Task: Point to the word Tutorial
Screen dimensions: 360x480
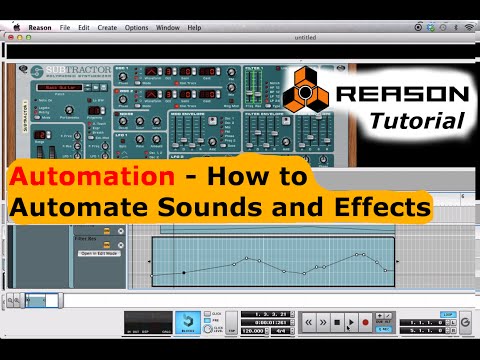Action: pos(423,121)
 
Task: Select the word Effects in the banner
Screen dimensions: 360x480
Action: pos(382,209)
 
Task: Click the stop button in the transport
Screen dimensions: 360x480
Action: pos(337,323)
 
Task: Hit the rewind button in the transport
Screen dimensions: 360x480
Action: pos(309,323)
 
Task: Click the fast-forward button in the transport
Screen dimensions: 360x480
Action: pos(323,323)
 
